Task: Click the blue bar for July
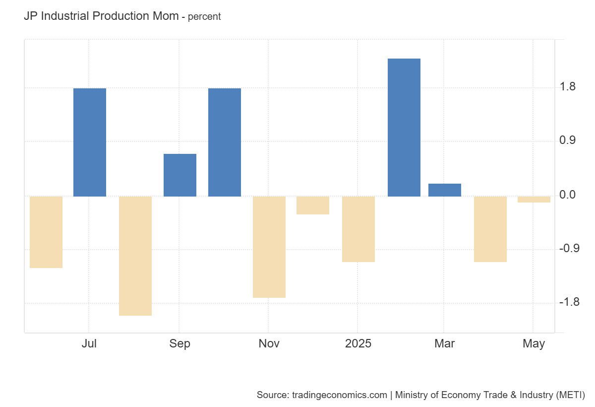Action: click(x=90, y=142)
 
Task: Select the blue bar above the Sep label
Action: click(x=180, y=175)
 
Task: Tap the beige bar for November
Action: click(x=269, y=247)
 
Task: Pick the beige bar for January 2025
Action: click(x=358, y=229)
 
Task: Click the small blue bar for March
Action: click(x=445, y=190)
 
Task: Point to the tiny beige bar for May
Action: click(x=534, y=200)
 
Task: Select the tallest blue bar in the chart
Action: click(x=404, y=127)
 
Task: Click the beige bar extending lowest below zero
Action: click(x=135, y=256)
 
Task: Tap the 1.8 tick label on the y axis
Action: click(x=568, y=87)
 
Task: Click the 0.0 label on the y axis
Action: click(x=568, y=195)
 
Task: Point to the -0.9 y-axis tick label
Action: click(x=569, y=249)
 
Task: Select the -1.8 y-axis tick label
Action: click(x=569, y=302)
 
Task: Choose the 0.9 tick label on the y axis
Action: click(x=568, y=141)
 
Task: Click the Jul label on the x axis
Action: click(x=89, y=343)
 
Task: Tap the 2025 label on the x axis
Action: click(x=358, y=343)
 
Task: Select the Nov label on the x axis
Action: click(x=269, y=343)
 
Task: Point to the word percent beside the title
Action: click(x=204, y=17)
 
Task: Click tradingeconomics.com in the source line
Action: click(x=339, y=395)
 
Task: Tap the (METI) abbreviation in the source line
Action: click(x=570, y=395)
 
